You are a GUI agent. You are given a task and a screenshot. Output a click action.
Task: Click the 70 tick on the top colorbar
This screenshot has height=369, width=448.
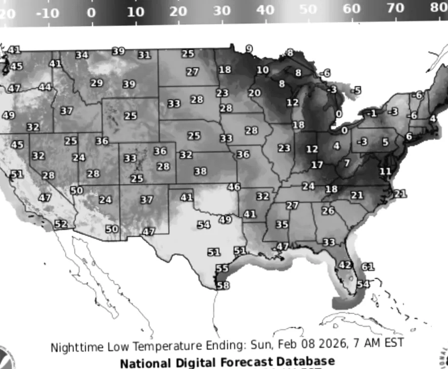(395, 9)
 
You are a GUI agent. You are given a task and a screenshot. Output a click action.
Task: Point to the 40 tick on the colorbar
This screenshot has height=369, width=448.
(265, 10)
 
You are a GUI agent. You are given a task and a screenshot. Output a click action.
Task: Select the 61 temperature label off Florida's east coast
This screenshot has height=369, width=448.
(368, 267)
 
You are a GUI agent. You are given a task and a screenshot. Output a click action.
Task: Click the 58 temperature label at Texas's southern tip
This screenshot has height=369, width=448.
(222, 285)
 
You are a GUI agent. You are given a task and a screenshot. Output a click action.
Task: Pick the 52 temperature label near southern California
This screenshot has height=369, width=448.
(61, 224)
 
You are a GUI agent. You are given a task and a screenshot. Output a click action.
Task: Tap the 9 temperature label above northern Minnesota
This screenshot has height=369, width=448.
(249, 49)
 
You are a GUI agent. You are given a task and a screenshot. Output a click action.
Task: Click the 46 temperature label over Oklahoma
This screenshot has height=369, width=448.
(234, 187)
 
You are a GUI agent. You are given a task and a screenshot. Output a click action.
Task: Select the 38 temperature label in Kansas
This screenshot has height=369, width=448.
(200, 172)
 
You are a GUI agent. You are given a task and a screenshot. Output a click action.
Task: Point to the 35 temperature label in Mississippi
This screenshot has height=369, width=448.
(282, 224)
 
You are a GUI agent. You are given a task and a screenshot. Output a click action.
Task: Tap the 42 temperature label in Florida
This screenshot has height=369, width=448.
(345, 265)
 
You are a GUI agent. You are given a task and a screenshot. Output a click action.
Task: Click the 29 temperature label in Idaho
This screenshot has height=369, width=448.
(97, 83)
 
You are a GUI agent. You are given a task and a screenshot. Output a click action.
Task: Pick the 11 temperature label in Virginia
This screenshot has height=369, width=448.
(385, 172)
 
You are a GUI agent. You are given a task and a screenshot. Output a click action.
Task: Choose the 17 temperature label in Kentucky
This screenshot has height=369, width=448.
(317, 165)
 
